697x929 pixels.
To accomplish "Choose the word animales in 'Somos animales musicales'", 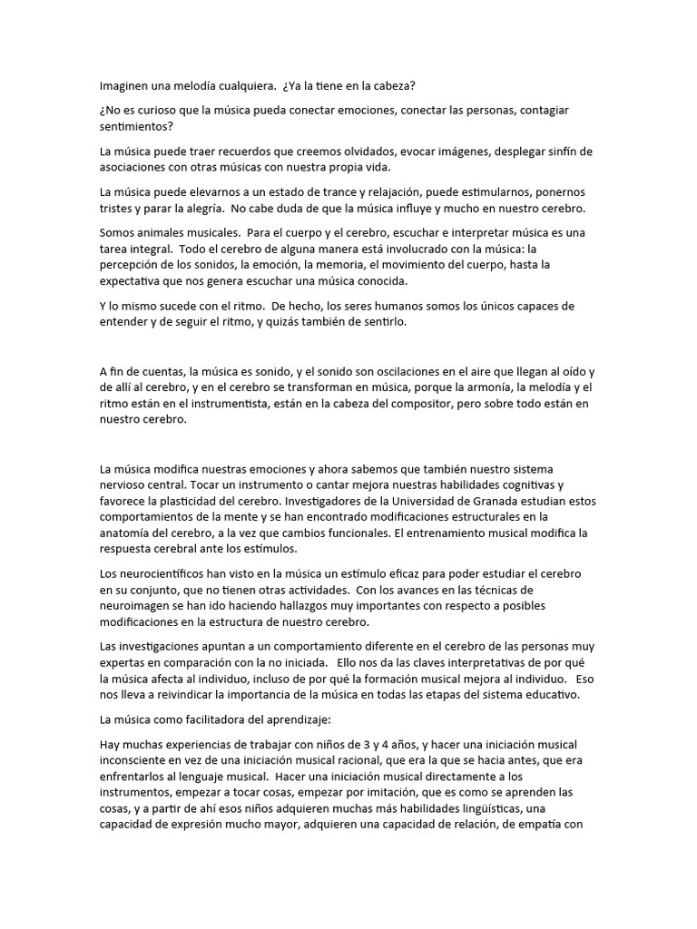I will coord(168,233).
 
